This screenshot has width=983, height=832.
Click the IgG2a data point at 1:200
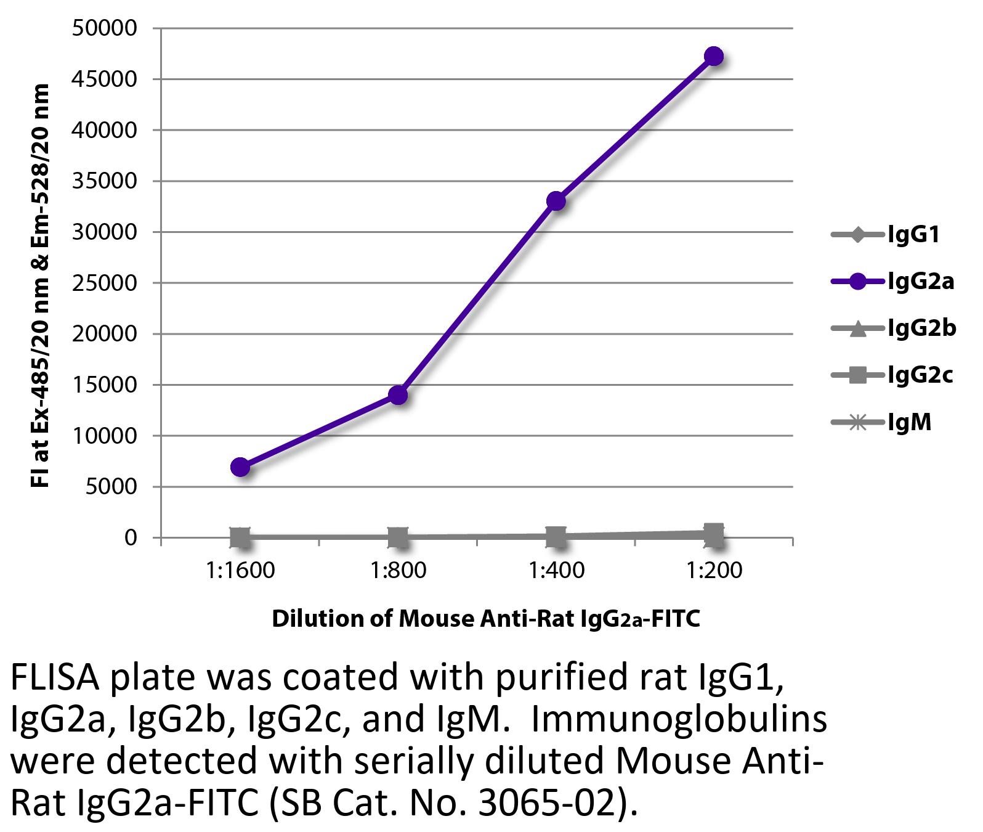713,57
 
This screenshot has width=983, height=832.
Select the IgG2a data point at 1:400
556,201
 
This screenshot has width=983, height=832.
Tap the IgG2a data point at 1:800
398,394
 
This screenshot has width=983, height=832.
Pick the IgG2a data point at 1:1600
240,467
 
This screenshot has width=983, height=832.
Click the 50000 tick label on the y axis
104,28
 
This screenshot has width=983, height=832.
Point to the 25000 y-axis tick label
104,283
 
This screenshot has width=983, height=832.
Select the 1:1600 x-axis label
240,571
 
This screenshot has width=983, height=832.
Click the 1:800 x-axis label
398,571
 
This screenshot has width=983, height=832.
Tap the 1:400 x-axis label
556,571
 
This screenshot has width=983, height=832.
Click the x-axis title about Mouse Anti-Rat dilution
486,618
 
